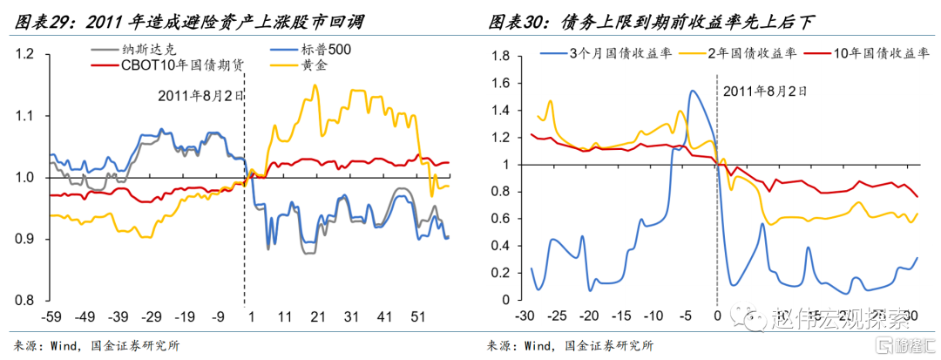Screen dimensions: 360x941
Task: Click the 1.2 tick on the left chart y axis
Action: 24,55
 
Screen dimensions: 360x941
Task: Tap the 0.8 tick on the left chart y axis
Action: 24,300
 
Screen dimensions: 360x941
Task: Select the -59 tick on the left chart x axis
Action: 54,316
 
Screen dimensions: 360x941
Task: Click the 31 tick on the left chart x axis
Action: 353,316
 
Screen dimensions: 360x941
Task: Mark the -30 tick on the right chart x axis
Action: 525,316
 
